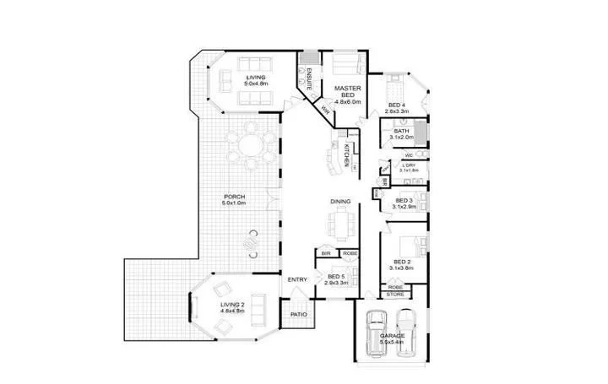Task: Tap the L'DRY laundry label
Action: tap(410, 167)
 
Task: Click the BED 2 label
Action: tap(399, 262)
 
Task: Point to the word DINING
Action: tap(341, 202)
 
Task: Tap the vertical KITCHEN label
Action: tap(346, 155)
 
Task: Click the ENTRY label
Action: tap(297, 280)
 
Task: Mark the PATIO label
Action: tap(298, 314)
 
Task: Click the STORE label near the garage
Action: tap(395, 295)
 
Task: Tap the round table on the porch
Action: tap(250, 145)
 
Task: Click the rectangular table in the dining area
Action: tap(341, 224)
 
